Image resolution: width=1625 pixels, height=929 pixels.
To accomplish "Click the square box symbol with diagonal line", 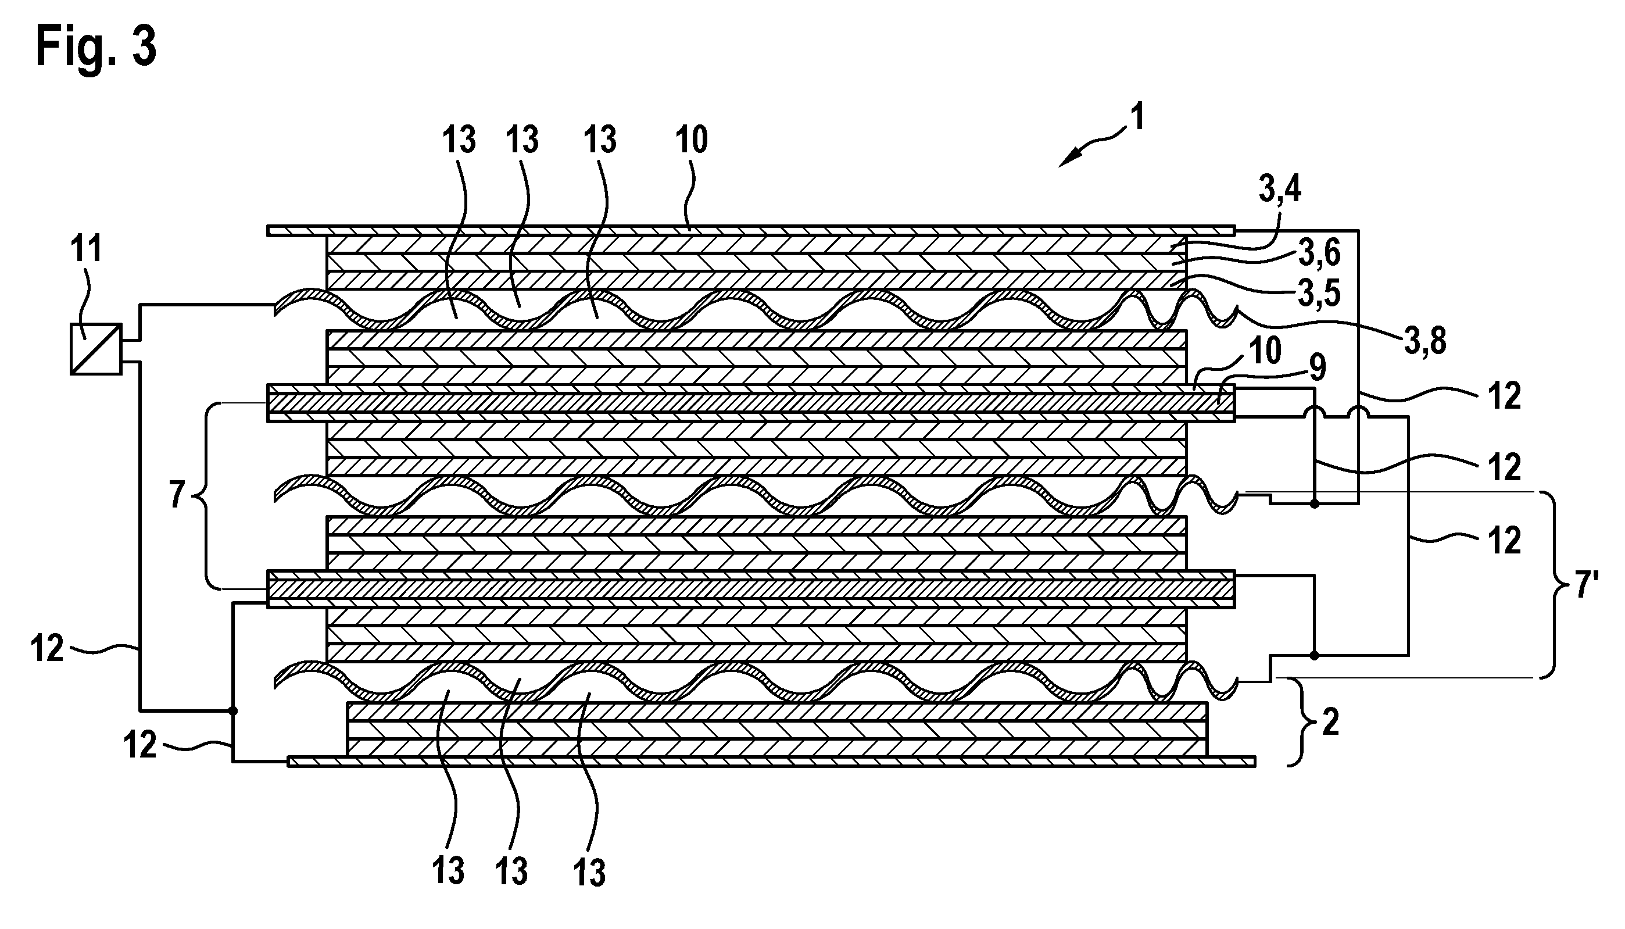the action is click(x=96, y=349).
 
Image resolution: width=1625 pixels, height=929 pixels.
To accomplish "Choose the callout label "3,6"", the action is click(x=1319, y=253).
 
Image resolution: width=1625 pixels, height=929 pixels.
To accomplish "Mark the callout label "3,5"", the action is click(x=1319, y=293).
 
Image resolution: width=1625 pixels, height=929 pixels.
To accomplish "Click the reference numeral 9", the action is click(x=1317, y=368).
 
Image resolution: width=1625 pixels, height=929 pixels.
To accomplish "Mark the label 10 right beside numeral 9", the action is click(x=1265, y=351).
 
